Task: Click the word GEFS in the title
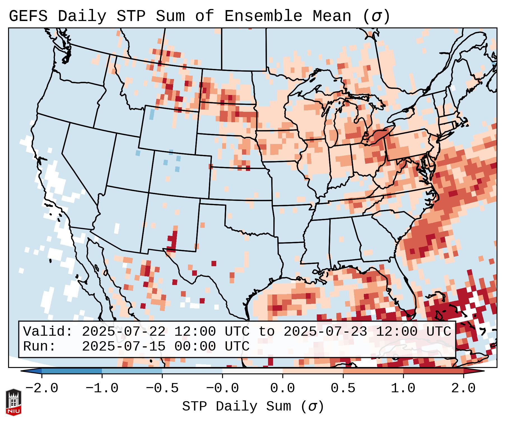[x=28, y=16]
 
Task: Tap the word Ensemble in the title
[x=263, y=16]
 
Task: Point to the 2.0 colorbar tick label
[x=463, y=388]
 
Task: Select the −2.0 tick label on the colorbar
[x=42, y=388]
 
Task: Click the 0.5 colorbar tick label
[x=343, y=388]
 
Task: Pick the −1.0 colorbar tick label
[x=102, y=388]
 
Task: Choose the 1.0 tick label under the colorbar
[x=403, y=388]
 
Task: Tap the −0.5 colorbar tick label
[x=162, y=388]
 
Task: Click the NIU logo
[x=13, y=402]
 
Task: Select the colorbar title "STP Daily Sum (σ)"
[x=253, y=407]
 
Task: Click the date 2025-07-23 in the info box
[x=325, y=332]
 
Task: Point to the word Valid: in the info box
[x=48, y=332]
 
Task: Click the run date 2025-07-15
[x=124, y=346]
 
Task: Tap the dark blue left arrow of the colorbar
[x=31, y=371]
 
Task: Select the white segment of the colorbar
[x=252, y=371]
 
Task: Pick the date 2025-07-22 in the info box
[x=124, y=332]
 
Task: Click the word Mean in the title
[x=332, y=16]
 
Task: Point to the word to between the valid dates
[x=266, y=332]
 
